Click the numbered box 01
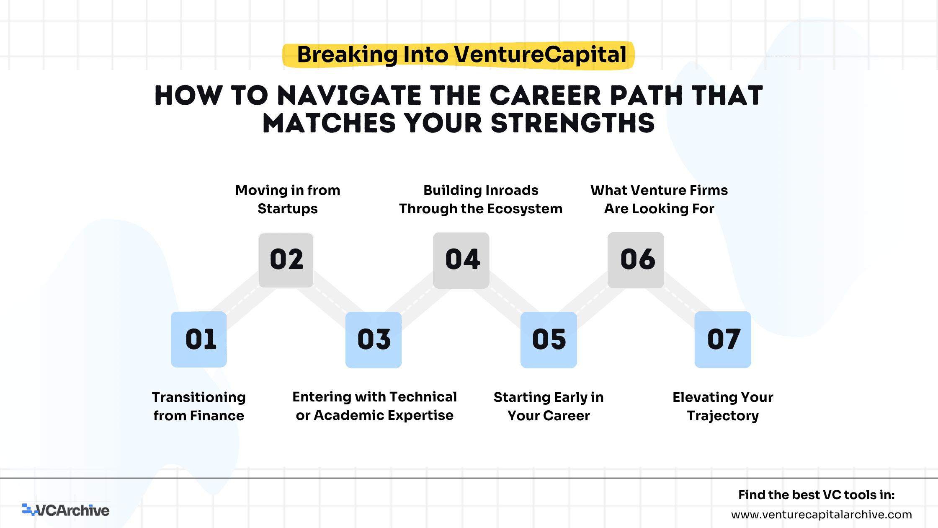tap(199, 339)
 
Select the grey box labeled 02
tap(286, 260)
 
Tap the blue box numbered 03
tap(374, 340)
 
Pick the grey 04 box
tap(461, 260)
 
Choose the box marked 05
tap(549, 340)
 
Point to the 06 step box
tap(636, 260)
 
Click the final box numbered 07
tap(723, 339)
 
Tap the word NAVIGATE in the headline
tap(349, 96)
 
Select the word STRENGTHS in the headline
tap(572, 123)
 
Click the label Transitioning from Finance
tap(199, 406)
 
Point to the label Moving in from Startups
tap(288, 199)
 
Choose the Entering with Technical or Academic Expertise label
tap(374, 406)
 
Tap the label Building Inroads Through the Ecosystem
tap(481, 199)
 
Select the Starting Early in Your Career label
tap(549, 406)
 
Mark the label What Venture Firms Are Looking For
tap(659, 199)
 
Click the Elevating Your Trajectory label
tap(723, 406)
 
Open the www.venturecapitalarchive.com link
tap(822, 515)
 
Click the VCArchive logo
tap(66, 510)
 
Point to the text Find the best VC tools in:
tap(817, 495)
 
